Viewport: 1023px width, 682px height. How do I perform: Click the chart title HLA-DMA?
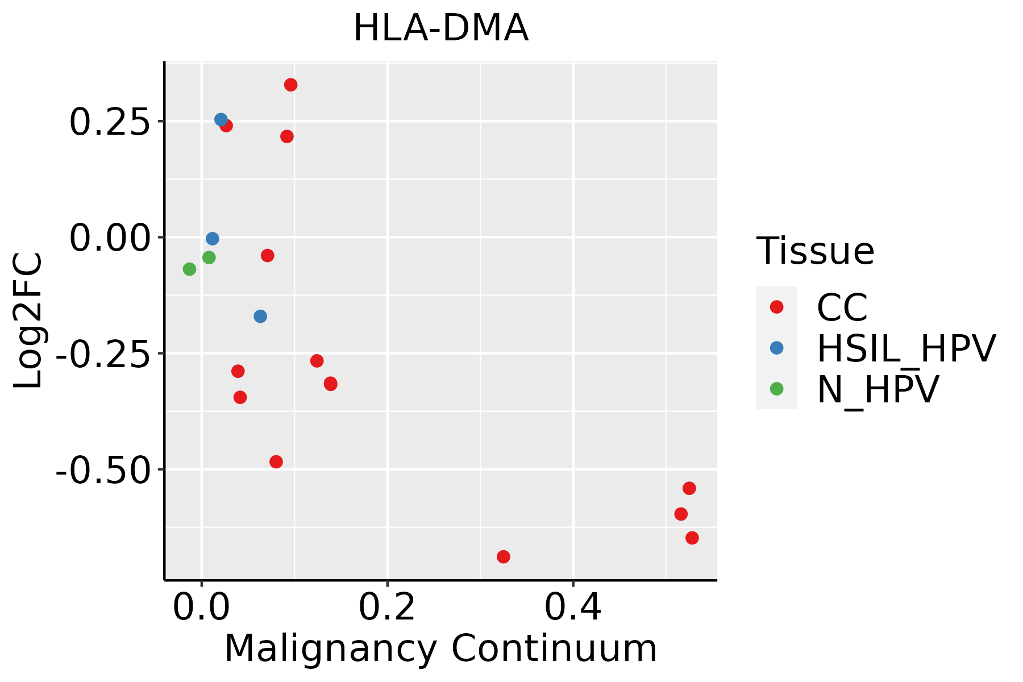tap(441, 28)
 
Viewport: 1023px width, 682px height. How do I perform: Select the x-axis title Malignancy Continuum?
tap(440, 648)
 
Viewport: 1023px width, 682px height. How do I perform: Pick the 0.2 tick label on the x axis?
tap(387, 608)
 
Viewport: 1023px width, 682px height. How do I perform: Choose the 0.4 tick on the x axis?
tap(573, 608)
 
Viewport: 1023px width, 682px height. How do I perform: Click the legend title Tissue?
tap(815, 251)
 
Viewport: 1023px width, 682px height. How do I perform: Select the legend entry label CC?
tap(842, 307)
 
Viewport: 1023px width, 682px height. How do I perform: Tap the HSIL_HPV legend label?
tap(906, 348)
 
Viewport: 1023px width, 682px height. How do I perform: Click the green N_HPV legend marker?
tap(776, 389)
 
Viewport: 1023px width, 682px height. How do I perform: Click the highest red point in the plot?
tap(290, 85)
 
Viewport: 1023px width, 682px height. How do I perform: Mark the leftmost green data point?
tap(189, 269)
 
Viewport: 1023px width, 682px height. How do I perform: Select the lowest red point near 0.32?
tap(503, 556)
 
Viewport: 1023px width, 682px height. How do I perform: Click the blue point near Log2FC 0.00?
tap(213, 239)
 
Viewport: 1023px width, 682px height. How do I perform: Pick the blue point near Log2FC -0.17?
tap(260, 316)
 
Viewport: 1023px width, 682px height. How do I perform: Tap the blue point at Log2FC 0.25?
tap(221, 119)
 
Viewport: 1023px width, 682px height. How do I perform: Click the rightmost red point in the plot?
tap(692, 538)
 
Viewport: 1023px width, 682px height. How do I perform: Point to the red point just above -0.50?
tap(276, 461)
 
